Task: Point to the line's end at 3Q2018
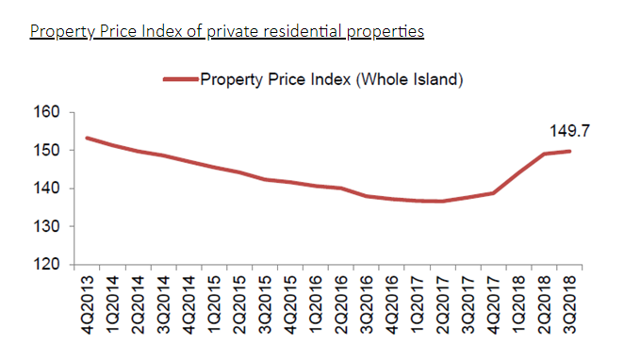[569, 151]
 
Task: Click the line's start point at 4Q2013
[87, 138]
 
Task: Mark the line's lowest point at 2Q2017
[442, 201]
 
